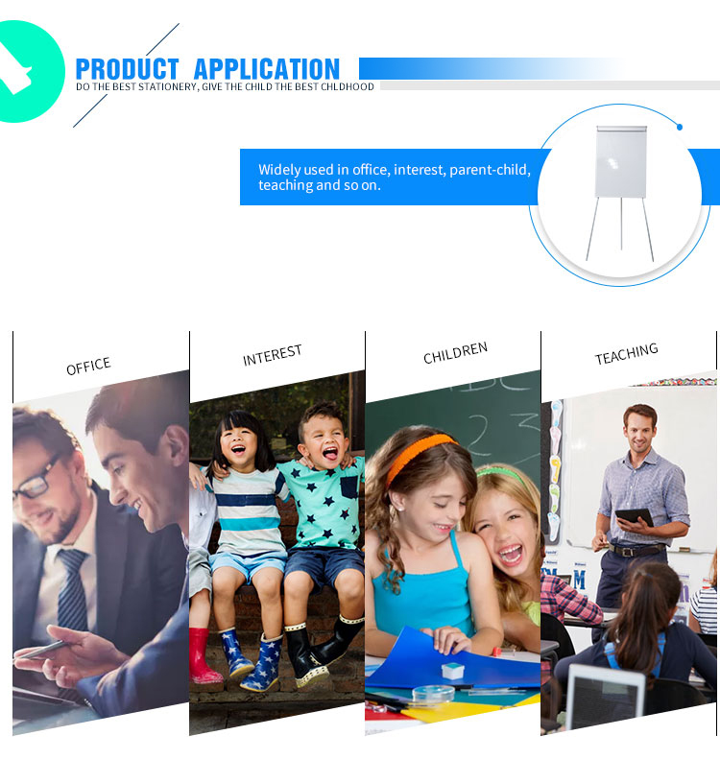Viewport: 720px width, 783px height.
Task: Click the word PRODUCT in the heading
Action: pos(127,69)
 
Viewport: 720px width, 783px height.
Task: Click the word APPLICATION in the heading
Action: pos(267,69)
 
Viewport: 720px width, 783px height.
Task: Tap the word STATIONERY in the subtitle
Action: pos(167,87)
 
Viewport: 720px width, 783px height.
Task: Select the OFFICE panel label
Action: pos(88,366)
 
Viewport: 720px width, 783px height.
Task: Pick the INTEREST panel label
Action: pos(273,355)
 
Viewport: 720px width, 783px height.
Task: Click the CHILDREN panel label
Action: pos(455,352)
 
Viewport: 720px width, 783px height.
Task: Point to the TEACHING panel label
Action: pos(626,353)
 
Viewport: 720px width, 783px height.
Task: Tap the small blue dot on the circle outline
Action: pos(680,128)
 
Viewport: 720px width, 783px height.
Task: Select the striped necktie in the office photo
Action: pos(72,589)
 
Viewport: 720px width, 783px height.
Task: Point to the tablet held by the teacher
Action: pos(634,516)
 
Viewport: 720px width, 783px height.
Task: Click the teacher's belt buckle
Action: pos(625,551)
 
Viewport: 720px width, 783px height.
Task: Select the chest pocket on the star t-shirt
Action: pos(349,487)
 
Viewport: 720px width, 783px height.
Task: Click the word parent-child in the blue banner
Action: pos(490,170)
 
